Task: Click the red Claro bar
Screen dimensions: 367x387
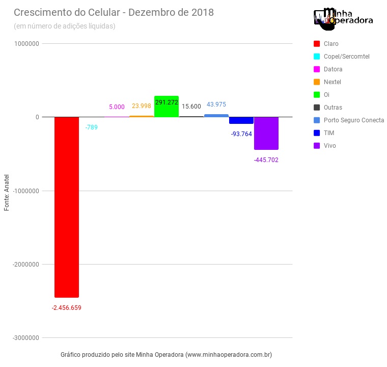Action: tap(67, 206)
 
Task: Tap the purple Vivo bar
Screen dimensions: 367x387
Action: tap(266, 133)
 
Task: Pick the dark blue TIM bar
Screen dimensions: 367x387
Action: tap(241, 120)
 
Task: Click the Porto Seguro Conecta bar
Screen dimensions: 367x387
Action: tap(216, 116)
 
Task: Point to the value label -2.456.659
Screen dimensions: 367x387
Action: tap(67, 308)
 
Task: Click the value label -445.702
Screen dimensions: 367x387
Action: tap(266, 160)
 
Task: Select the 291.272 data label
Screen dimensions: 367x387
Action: tap(167, 102)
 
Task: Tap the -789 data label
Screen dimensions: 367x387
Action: tap(92, 127)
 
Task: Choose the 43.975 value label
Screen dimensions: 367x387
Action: tap(216, 104)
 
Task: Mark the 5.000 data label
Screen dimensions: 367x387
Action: tap(117, 107)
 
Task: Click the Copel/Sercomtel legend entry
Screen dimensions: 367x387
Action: tap(346, 57)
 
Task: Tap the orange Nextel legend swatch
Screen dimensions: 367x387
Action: tap(317, 82)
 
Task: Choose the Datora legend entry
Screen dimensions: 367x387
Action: tap(333, 69)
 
